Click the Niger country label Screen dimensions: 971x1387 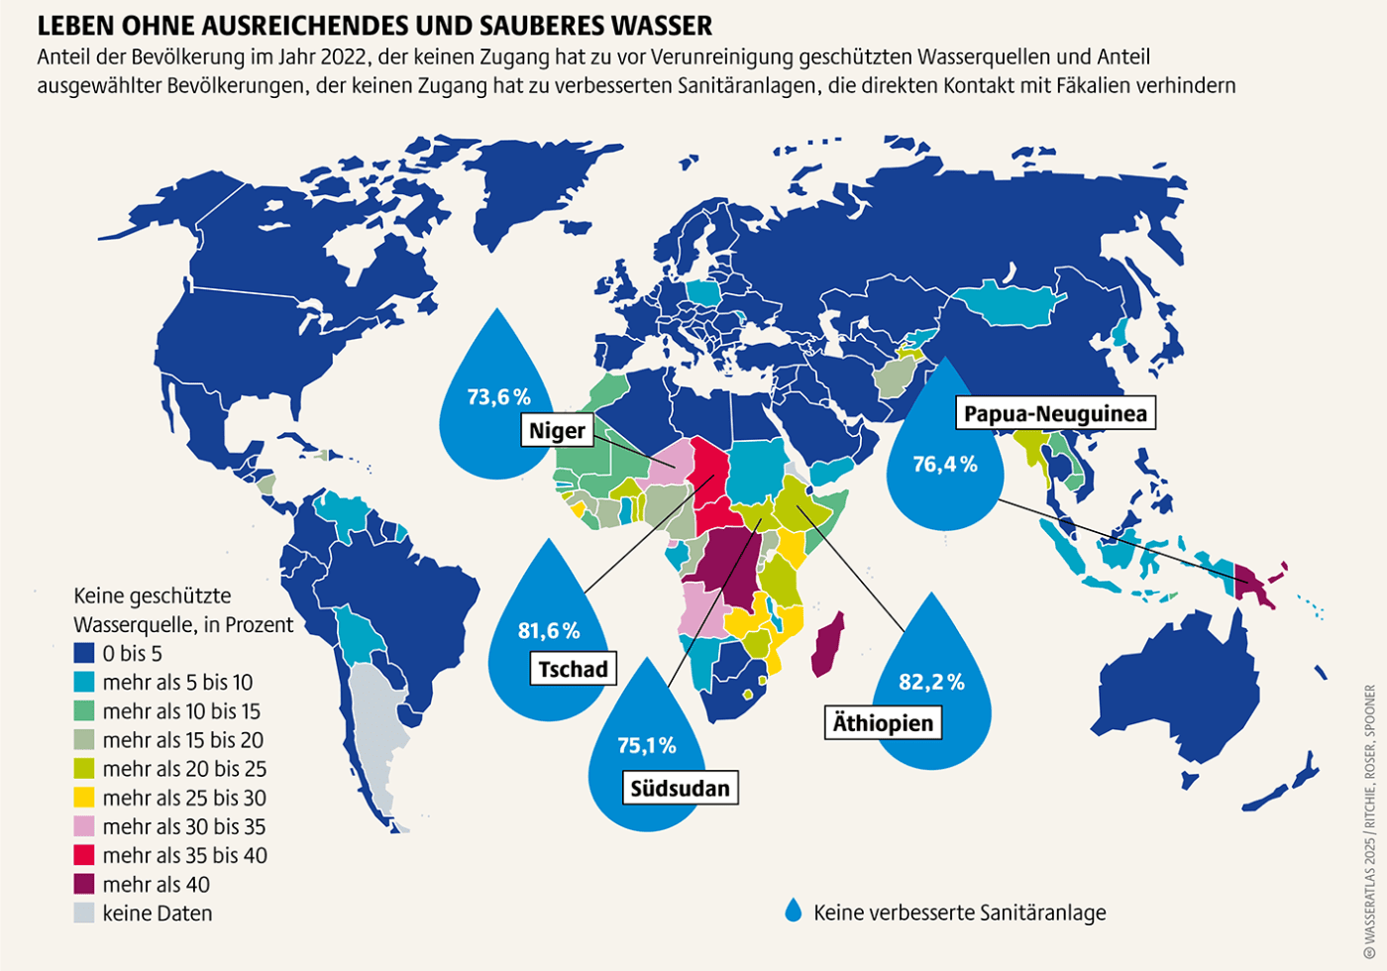(558, 431)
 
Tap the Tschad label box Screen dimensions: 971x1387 (573, 669)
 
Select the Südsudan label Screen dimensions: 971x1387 (680, 789)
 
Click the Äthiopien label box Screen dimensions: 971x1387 (883, 723)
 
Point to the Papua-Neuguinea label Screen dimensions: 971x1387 (1056, 413)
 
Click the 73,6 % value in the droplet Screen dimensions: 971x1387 (499, 396)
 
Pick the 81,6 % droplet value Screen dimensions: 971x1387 (549, 630)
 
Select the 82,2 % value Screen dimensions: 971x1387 (931, 682)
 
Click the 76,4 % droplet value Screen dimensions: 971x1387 (945, 464)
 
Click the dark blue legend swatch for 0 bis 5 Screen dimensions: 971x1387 (85, 654)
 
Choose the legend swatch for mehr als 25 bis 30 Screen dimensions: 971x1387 (85, 798)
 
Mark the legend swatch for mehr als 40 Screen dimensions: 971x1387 (85, 884)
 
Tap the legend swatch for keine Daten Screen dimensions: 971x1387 (85, 913)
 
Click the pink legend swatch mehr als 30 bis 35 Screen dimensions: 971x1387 (85, 826)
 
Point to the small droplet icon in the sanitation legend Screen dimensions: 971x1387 (793, 911)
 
